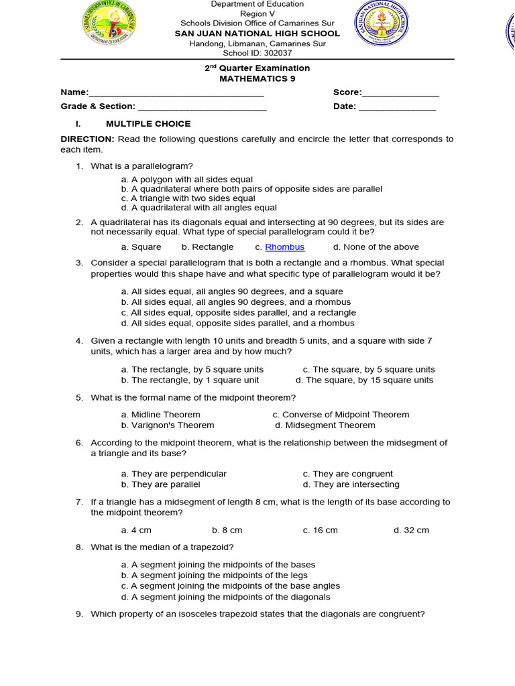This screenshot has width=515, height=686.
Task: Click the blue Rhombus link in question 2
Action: pyautogui.click(x=285, y=247)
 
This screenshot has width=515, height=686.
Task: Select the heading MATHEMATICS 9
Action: pyautogui.click(x=257, y=78)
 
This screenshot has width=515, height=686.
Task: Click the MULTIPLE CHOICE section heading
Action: pyautogui.click(x=148, y=124)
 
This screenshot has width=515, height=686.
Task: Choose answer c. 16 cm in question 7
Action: pyautogui.click(x=320, y=530)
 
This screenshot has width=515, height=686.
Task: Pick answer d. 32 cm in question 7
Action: pyautogui.click(x=411, y=530)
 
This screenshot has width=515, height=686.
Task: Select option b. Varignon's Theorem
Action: pyautogui.click(x=168, y=425)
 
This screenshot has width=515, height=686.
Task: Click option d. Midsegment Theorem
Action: pyautogui.click(x=325, y=425)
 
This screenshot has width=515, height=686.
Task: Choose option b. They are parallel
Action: pyautogui.click(x=161, y=484)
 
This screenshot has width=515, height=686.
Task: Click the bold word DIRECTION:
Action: pyautogui.click(x=88, y=139)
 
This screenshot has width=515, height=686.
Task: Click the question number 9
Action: pyautogui.click(x=79, y=614)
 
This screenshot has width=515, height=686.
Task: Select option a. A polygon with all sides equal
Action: pyautogui.click(x=187, y=180)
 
